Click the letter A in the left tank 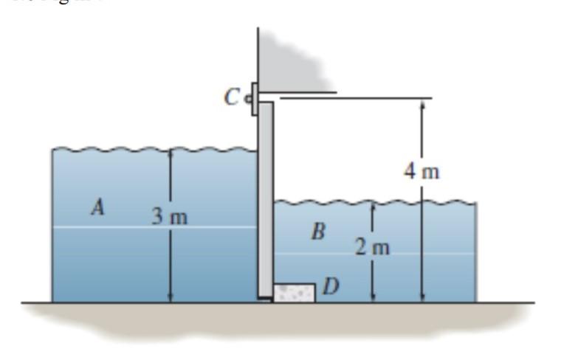pyautogui.click(x=96, y=209)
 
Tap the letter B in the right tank pyautogui.click(x=318, y=232)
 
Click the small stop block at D pyautogui.click(x=294, y=292)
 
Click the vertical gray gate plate pyautogui.click(x=266, y=199)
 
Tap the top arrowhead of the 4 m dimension pyautogui.click(x=422, y=103)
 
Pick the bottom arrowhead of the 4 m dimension pyautogui.click(x=422, y=297)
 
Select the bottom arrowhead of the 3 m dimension pyautogui.click(x=171, y=297)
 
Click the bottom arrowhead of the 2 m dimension pyautogui.click(x=374, y=297)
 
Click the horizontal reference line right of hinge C pyautogui.click(x=354, y=97)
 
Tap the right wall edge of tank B pyautogui.click(x=476, y=251)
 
